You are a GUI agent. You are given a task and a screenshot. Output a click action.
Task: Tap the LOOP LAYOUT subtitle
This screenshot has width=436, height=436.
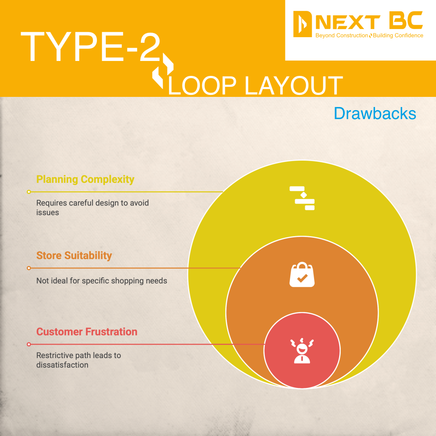click(255, 85)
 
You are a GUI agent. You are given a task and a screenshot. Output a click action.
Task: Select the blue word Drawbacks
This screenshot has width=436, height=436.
click(375, 113)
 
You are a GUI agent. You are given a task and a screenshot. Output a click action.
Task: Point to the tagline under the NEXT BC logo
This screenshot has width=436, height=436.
click(369, 36)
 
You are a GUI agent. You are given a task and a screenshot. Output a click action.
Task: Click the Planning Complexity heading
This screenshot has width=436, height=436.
click(85, 179)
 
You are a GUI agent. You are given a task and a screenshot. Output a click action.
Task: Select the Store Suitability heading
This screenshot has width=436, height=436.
click(74, 256)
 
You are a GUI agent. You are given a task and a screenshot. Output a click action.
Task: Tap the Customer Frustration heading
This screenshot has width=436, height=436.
click(87, 332)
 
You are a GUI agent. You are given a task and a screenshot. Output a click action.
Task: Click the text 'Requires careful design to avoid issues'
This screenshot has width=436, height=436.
click(92, 208)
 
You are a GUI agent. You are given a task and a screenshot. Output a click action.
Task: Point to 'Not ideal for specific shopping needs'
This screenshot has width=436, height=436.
click(102, 281)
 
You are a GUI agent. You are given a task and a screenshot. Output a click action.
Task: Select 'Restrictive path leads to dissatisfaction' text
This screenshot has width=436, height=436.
click(79, 360)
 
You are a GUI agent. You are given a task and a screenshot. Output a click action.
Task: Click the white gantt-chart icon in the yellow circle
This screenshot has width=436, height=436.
click(302, 198)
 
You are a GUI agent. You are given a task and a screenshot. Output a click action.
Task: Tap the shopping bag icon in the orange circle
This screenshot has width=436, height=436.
click(302, 275)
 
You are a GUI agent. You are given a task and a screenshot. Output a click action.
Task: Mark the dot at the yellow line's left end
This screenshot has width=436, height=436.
click(29, 192)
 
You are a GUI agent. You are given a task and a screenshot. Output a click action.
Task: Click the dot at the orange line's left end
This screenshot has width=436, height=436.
click(29, 268)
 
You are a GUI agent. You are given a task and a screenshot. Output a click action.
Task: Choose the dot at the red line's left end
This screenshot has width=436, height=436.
click(29, 344)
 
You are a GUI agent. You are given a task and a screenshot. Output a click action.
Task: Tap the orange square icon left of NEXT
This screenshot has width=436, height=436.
click(302, 24)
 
